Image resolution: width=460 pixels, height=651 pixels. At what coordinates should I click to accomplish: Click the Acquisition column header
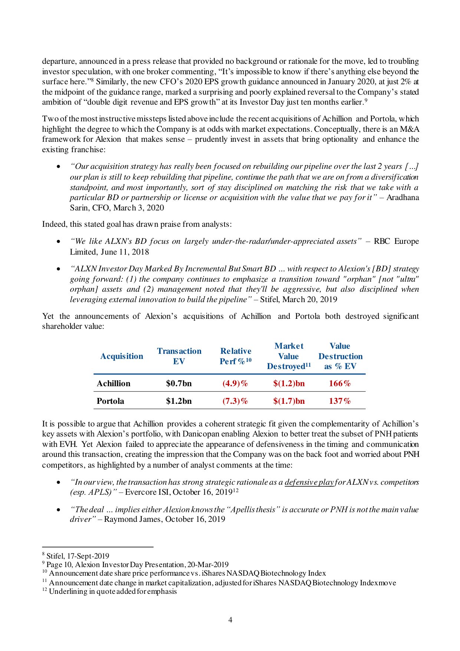point(122,356)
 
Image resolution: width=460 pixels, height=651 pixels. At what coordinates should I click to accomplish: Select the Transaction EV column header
point(179,356)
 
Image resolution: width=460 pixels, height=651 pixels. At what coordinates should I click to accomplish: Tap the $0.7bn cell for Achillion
point(179,383)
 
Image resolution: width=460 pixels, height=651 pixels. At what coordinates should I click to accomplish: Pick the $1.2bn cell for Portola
point(179,401)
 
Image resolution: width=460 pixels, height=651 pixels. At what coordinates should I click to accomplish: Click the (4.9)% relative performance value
point(235,383)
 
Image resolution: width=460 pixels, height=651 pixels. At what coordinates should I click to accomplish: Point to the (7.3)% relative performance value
point(235,401)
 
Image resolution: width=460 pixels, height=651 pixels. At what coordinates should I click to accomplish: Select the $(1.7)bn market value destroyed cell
point(289,401)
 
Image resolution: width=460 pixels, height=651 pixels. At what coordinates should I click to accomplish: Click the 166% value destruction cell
point(339,383)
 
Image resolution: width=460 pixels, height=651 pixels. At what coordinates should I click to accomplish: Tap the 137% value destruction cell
point(339,401)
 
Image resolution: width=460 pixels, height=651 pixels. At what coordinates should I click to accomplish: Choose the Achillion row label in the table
point(114,383)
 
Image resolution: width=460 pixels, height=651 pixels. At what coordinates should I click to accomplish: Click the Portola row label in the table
point(110,401)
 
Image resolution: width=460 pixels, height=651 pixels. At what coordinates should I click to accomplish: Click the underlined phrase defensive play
point(309,482)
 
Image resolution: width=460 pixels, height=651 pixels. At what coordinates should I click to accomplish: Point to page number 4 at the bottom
point(230,620)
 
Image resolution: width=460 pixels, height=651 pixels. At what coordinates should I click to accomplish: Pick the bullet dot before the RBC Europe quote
point(59,242)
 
